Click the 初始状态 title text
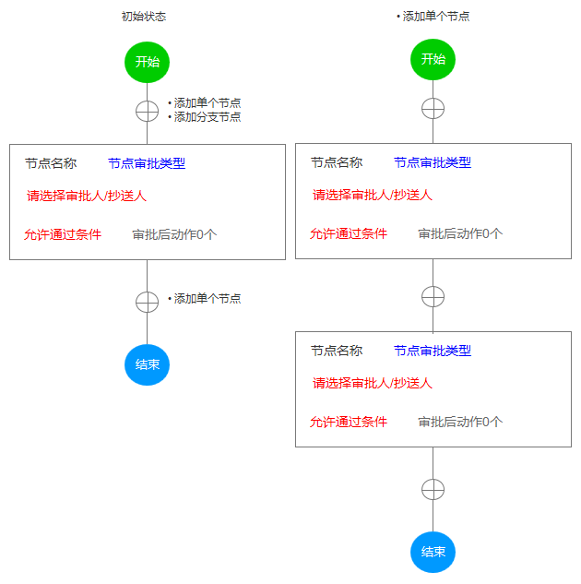click(x=144, y=17)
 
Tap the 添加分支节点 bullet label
click(x=207, y=117)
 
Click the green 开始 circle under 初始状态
click(x=147, y=62)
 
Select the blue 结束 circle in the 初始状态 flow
click(x=147, y=364)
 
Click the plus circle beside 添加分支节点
click(x=147, y=111)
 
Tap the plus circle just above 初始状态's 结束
click(x=147, y=302)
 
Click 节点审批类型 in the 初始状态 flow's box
click(x=147, y=163)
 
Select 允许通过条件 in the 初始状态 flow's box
click(x=63, y=234)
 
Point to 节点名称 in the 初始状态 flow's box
click(x=51, y=163)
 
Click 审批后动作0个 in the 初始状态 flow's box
click(x=174, y=234)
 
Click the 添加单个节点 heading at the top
click(x=436, y=17)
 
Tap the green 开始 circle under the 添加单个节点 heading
click(x=433, y=59)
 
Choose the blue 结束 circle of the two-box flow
click(x=433, y=552)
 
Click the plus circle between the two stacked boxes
click(x=433, y=296)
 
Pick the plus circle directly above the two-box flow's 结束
click(x=433, y=489)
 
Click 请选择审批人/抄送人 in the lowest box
click(x=373, y=383)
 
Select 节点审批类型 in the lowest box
click(x=433, y=351)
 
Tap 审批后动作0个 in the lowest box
click(x=460, y=422)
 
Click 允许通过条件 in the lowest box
click(x=349, y=422)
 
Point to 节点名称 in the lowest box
click(x=337, y=351)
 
